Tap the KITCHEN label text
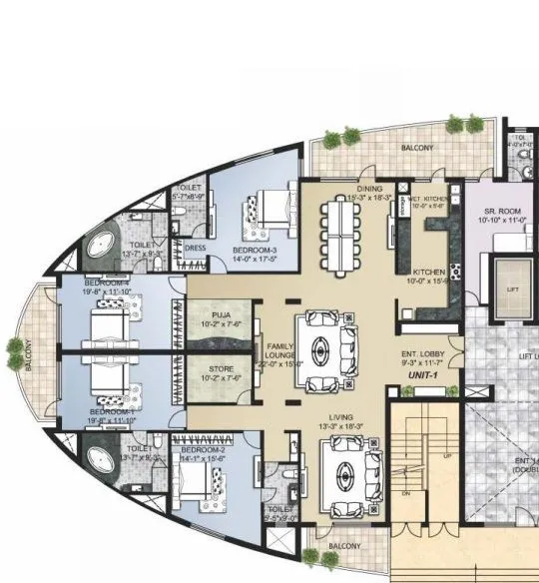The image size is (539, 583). (x=429, y=273)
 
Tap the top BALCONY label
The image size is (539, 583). (x=418, y=148)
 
